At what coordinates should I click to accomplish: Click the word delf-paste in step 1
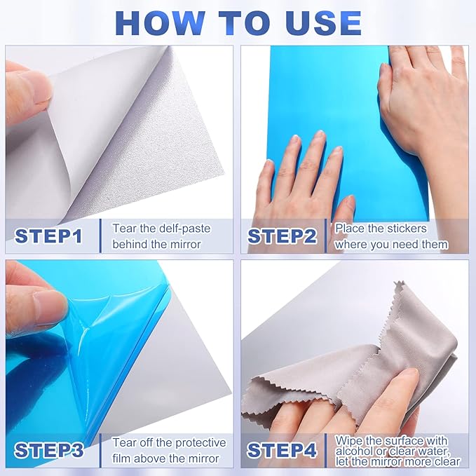[178, 229]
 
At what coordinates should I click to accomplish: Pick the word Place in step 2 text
[350, 229]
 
